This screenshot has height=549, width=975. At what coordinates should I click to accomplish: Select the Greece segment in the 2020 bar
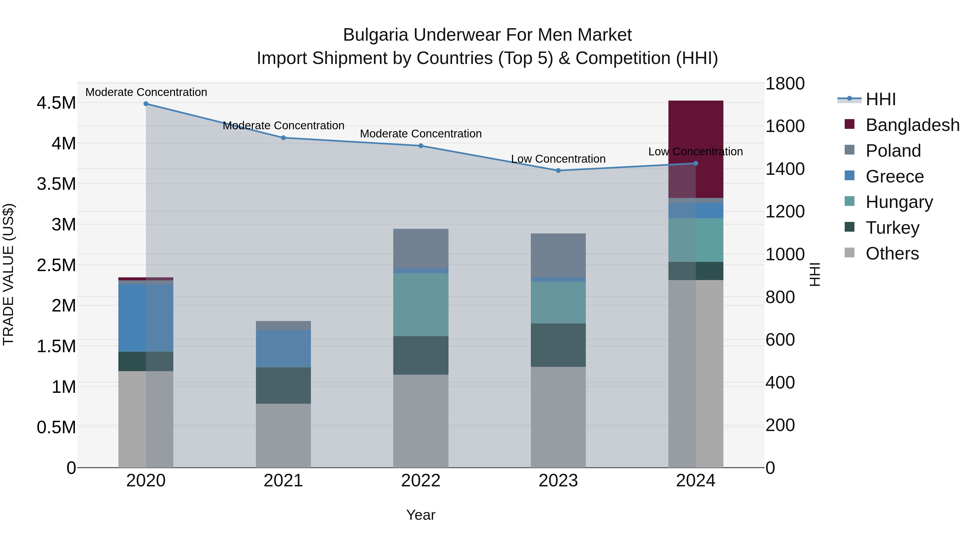[x=146, y=317]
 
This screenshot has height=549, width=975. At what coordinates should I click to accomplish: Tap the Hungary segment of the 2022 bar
[x=421, y=305]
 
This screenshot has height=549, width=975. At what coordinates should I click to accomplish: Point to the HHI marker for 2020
[x=146, y=104]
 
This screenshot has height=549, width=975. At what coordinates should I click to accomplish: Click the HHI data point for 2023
[x=558, y=171]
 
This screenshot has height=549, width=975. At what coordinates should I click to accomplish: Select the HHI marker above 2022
[x=421, y=146]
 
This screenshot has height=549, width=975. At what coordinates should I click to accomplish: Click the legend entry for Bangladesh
[x=912, y=125]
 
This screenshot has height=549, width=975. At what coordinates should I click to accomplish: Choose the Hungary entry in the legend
[x=899, y=202]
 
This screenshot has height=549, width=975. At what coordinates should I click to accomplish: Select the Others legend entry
[x=892, y=253]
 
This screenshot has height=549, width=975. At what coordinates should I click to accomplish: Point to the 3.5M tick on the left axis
[x=56, y=184]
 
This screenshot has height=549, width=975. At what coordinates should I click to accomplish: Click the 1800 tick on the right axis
[x=785, y=84]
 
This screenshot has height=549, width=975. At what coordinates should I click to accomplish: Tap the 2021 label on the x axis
[x=283, y=481]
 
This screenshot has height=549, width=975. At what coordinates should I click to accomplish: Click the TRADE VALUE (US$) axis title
[x=8, y=274]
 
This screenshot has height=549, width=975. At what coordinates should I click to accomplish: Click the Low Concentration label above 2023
[x=558, y=159]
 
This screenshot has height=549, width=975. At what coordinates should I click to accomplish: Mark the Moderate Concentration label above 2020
[x=146, y=92]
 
